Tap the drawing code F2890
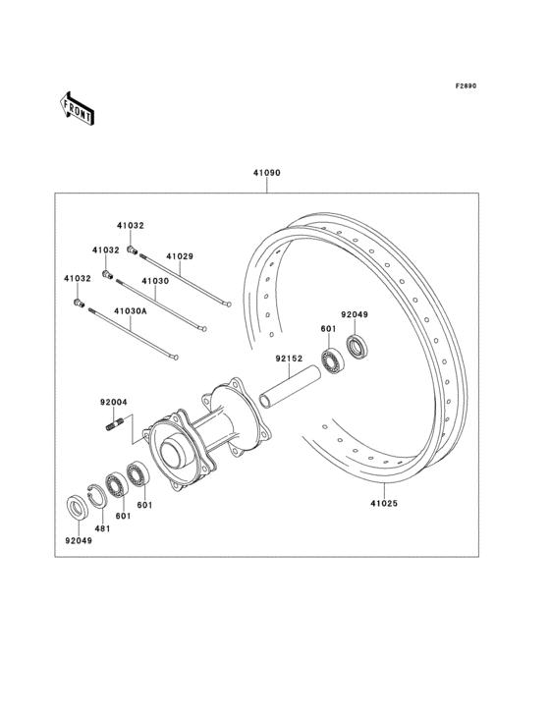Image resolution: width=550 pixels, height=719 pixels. pos(465,86)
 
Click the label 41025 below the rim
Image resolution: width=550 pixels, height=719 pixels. pos(384,501)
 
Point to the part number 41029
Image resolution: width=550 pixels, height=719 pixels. pos(179,256)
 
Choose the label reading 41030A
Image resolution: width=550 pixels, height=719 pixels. pos(130,311)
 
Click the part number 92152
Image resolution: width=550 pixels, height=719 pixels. pos(288,359)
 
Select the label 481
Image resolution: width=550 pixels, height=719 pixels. pos(102,528)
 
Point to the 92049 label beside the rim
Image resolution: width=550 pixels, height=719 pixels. pos(355,315)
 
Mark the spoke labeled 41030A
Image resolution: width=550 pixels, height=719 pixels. pos(134,334)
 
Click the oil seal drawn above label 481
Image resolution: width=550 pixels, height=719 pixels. pos(76,508)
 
